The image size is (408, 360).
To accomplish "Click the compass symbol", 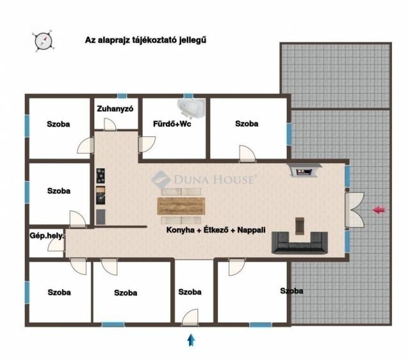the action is [43, 41].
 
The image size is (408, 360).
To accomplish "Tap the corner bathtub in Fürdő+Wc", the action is [191, 108].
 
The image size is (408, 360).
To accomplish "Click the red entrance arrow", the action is [379, 210].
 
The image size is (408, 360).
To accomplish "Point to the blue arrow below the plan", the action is [191, 340].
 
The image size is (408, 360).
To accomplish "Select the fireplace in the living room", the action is [304, 170].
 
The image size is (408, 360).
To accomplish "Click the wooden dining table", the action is [181, 206].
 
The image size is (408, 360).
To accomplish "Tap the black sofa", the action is [300, 243].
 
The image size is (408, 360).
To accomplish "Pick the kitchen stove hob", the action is [101, 176].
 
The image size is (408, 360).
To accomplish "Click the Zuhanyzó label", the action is [115, 109].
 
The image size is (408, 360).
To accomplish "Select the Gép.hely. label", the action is [47, 236].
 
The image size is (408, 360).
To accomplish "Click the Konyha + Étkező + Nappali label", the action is [216, 230].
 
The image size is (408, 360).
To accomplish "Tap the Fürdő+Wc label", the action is [172, 124].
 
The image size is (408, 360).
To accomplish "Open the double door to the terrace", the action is [354, 210].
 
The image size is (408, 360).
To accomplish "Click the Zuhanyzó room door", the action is [110, 124].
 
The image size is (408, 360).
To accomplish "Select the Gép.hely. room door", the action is [56, 245].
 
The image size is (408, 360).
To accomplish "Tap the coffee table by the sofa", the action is [300, 226].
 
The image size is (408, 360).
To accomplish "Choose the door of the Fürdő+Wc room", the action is [147, 145].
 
